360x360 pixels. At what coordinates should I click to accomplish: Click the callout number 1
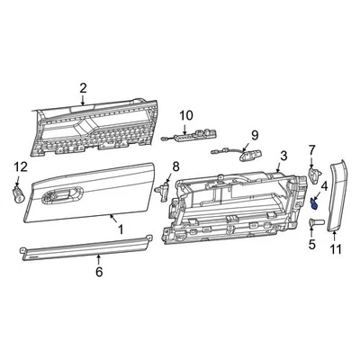[x=121, y=229]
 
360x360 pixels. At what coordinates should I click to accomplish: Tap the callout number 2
[x=83, y=88]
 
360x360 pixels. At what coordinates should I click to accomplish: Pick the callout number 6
[x=99, y=271]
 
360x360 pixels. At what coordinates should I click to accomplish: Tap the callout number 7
[x=312, y=148]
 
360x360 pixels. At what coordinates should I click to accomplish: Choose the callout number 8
[x=175, y=166]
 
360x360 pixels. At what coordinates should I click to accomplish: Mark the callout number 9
[x=254, y=134]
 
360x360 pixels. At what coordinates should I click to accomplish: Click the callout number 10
[x=186, y=115]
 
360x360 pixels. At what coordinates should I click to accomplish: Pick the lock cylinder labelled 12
[x=19, y=190]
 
